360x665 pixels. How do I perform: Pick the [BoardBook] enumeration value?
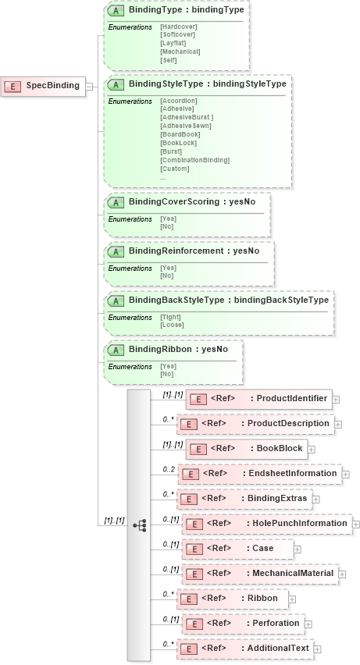click(x=180, y=134)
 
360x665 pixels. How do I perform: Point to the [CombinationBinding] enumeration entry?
click(x=194, y=160)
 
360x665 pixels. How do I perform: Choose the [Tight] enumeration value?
click(x=170, y=318)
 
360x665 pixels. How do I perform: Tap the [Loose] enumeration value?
click(x=171, y=325)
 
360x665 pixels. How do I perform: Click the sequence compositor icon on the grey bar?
click(x=140, y=526)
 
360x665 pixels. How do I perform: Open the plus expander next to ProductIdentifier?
click(x=336, y=399)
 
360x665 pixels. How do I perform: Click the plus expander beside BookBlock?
click(x=311, y=449)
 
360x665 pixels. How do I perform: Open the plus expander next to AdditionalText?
click(x=318, y=649)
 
